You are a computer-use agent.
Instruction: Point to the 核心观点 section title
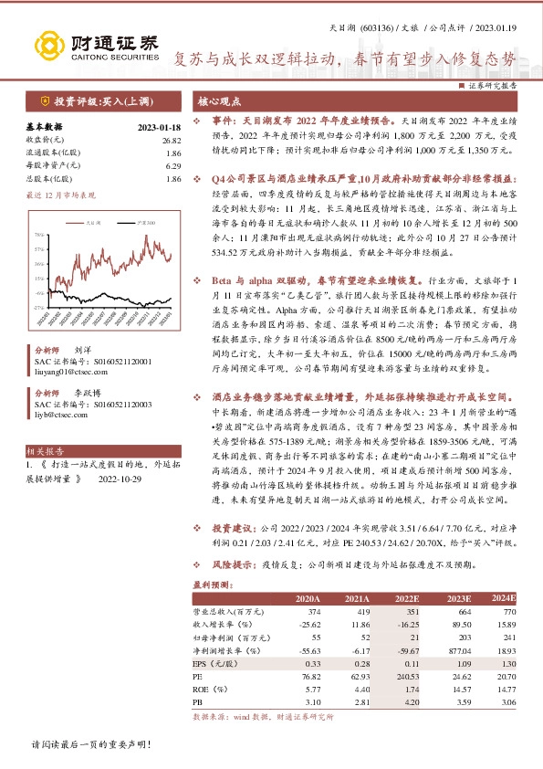point(220,100)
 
